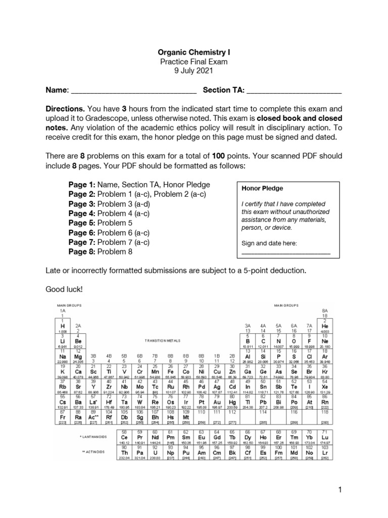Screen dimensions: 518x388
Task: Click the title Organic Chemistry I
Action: click(193, 52)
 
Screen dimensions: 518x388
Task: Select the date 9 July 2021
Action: click(193, 71)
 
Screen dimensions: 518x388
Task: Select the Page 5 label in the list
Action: click(82, 223)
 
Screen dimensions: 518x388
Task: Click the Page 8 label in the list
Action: click(82, 251)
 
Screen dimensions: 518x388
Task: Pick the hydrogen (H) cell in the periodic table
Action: click(62, 326)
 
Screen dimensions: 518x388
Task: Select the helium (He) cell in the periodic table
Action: click(325, 326)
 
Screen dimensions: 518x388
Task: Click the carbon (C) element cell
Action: click(263, 340)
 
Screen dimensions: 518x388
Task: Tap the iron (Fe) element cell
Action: click(170, 371)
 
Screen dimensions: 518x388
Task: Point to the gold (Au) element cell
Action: click(216, 400)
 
